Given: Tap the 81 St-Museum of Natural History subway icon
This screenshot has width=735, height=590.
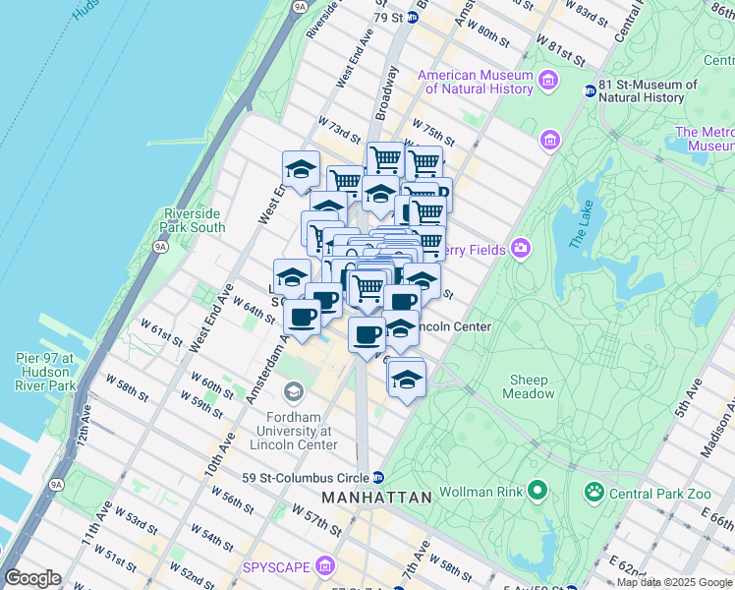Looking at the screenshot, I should [590, 90].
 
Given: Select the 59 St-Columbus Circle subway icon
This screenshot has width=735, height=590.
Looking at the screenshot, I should [363, 479].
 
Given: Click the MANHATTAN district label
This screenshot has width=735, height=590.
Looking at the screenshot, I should [376, 498].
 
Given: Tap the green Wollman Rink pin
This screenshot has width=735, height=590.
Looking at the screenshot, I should [537, 490].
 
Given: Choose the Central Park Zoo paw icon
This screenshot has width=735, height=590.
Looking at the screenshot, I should [594, 491].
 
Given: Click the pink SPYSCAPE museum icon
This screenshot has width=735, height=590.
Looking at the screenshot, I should [326, 567].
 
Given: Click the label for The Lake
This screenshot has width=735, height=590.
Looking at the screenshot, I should [582, 229].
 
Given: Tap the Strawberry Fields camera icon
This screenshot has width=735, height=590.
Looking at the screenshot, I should [520, 248].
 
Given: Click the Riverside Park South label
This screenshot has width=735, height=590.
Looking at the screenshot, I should [195, 220].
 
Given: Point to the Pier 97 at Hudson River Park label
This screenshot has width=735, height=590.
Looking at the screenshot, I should [45, 372].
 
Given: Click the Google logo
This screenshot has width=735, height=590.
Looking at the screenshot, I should [31, 578].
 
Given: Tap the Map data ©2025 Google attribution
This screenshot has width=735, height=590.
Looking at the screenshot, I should [673, 582].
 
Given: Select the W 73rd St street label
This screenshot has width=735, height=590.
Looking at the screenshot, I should [334, 127].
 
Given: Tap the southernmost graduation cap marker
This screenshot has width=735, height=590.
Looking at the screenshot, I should [406, 377].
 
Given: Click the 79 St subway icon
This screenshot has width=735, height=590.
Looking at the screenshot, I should [412, 17].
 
